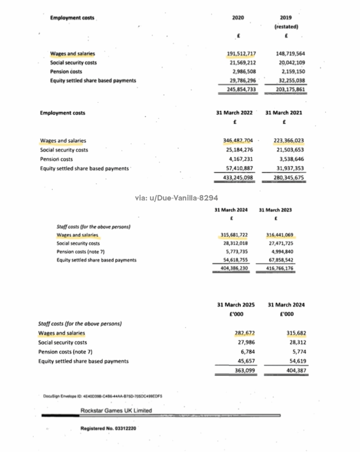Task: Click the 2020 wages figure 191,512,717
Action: tap(242, 54)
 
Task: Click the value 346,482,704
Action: tap(238, 141)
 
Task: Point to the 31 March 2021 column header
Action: tap(284, 113)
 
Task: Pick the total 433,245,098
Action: tap(238, 178)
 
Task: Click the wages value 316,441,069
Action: tap(279, 235)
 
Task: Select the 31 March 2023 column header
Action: tap(275, 210)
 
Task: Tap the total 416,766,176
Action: tap(279, 268)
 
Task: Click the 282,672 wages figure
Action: tap(245, 334)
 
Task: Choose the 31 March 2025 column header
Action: tap(236, 305)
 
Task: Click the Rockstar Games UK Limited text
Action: tap(116, 410)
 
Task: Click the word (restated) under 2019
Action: tap(286, 26)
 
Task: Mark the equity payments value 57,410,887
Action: tap(238, 169)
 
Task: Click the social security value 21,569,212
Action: tap(242, 63)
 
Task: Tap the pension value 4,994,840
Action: tap(281, 252)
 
